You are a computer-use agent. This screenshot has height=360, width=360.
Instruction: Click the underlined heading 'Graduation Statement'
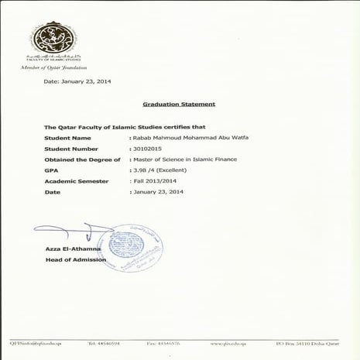point(179,103)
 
